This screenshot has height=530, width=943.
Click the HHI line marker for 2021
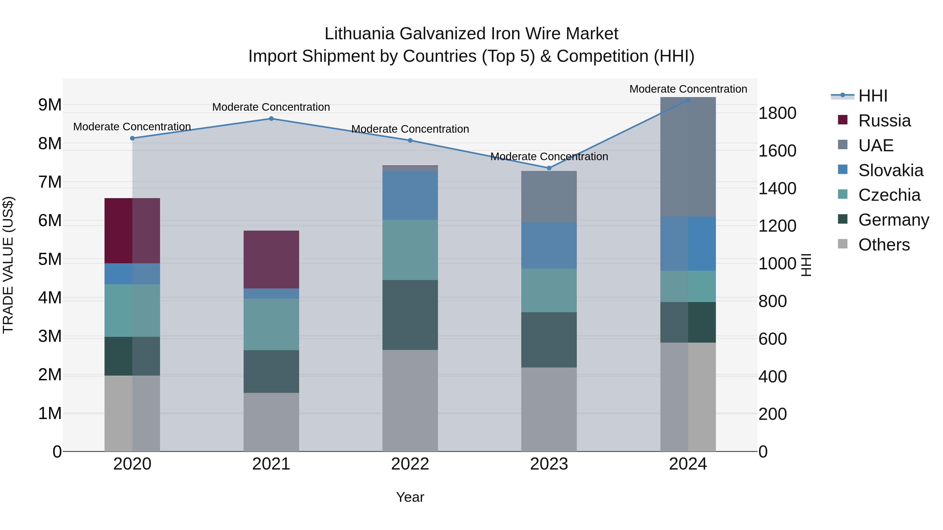pyautogui.click(x=271, y=119)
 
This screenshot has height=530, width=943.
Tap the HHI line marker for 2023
pyautogui.click(x=549, y=168)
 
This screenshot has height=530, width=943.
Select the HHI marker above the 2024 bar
pyautogui.click(x=688, y=100)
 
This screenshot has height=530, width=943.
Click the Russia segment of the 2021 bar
pyautogui.click(x=271, y=259)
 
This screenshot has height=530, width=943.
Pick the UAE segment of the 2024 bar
pyautogui.click(x=688, y=157)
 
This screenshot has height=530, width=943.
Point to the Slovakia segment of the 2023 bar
pyautogui.click(x=549, y=246)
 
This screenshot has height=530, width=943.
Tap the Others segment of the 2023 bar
pyautogui.click(x=549, y=409)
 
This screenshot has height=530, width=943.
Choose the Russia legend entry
pyautogui.click(x=884, y=121)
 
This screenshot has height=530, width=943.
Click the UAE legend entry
pyautogui.click(x=876, y=146)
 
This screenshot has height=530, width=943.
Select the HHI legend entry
pyautogui.click(x=873, y=96)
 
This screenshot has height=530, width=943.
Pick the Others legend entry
pyautogui.click(x=884, y=245)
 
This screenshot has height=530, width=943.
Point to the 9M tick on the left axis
pyautogui.click(x=50, y=105)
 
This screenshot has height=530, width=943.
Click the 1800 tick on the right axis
pyautogui.click(x=777, y=113)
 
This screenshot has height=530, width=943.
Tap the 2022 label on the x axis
pyautogui.click(x=410, y=464)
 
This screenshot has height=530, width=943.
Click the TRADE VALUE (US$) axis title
pyautogui.click(x=8, y=265)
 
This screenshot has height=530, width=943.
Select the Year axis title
pyautogui.click(x=410, y=497)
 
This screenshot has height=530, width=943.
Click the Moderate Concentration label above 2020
pyautogui.click(x=132, y=127)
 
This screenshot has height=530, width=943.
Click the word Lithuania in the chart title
pyautogui.click(x=359, y=34)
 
